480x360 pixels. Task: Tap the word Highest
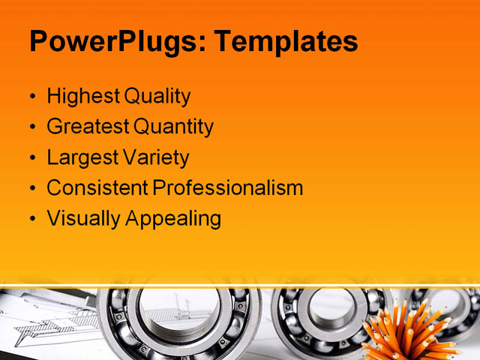pyautogui.click(x=82, y=96)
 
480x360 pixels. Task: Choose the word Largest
pyautogui.click(x=82, y=157)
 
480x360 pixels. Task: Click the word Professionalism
pyautogui.click(x=228, y=188)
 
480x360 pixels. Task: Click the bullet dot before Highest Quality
pyautogui.click(x=32, y=97)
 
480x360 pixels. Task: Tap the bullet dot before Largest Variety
pyautogui.click(x=32, y=159)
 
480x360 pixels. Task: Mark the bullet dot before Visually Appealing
pyautogui.click(x=32, y=220)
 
